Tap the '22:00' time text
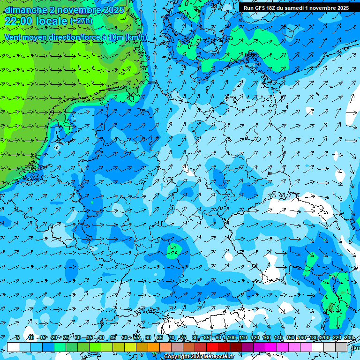point(19,21)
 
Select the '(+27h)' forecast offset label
point(81,22)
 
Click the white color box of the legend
point(13,347)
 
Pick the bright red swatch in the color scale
point(212,347)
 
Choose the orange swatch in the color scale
point(154,347)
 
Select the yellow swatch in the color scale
point(130,347)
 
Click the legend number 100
point(231,337)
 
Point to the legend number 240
point(348,337)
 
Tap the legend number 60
point(148,337)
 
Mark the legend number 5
point(17,337)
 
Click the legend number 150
point(290,337)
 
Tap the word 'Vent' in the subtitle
point(14,37)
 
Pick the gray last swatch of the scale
point(341,347)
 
